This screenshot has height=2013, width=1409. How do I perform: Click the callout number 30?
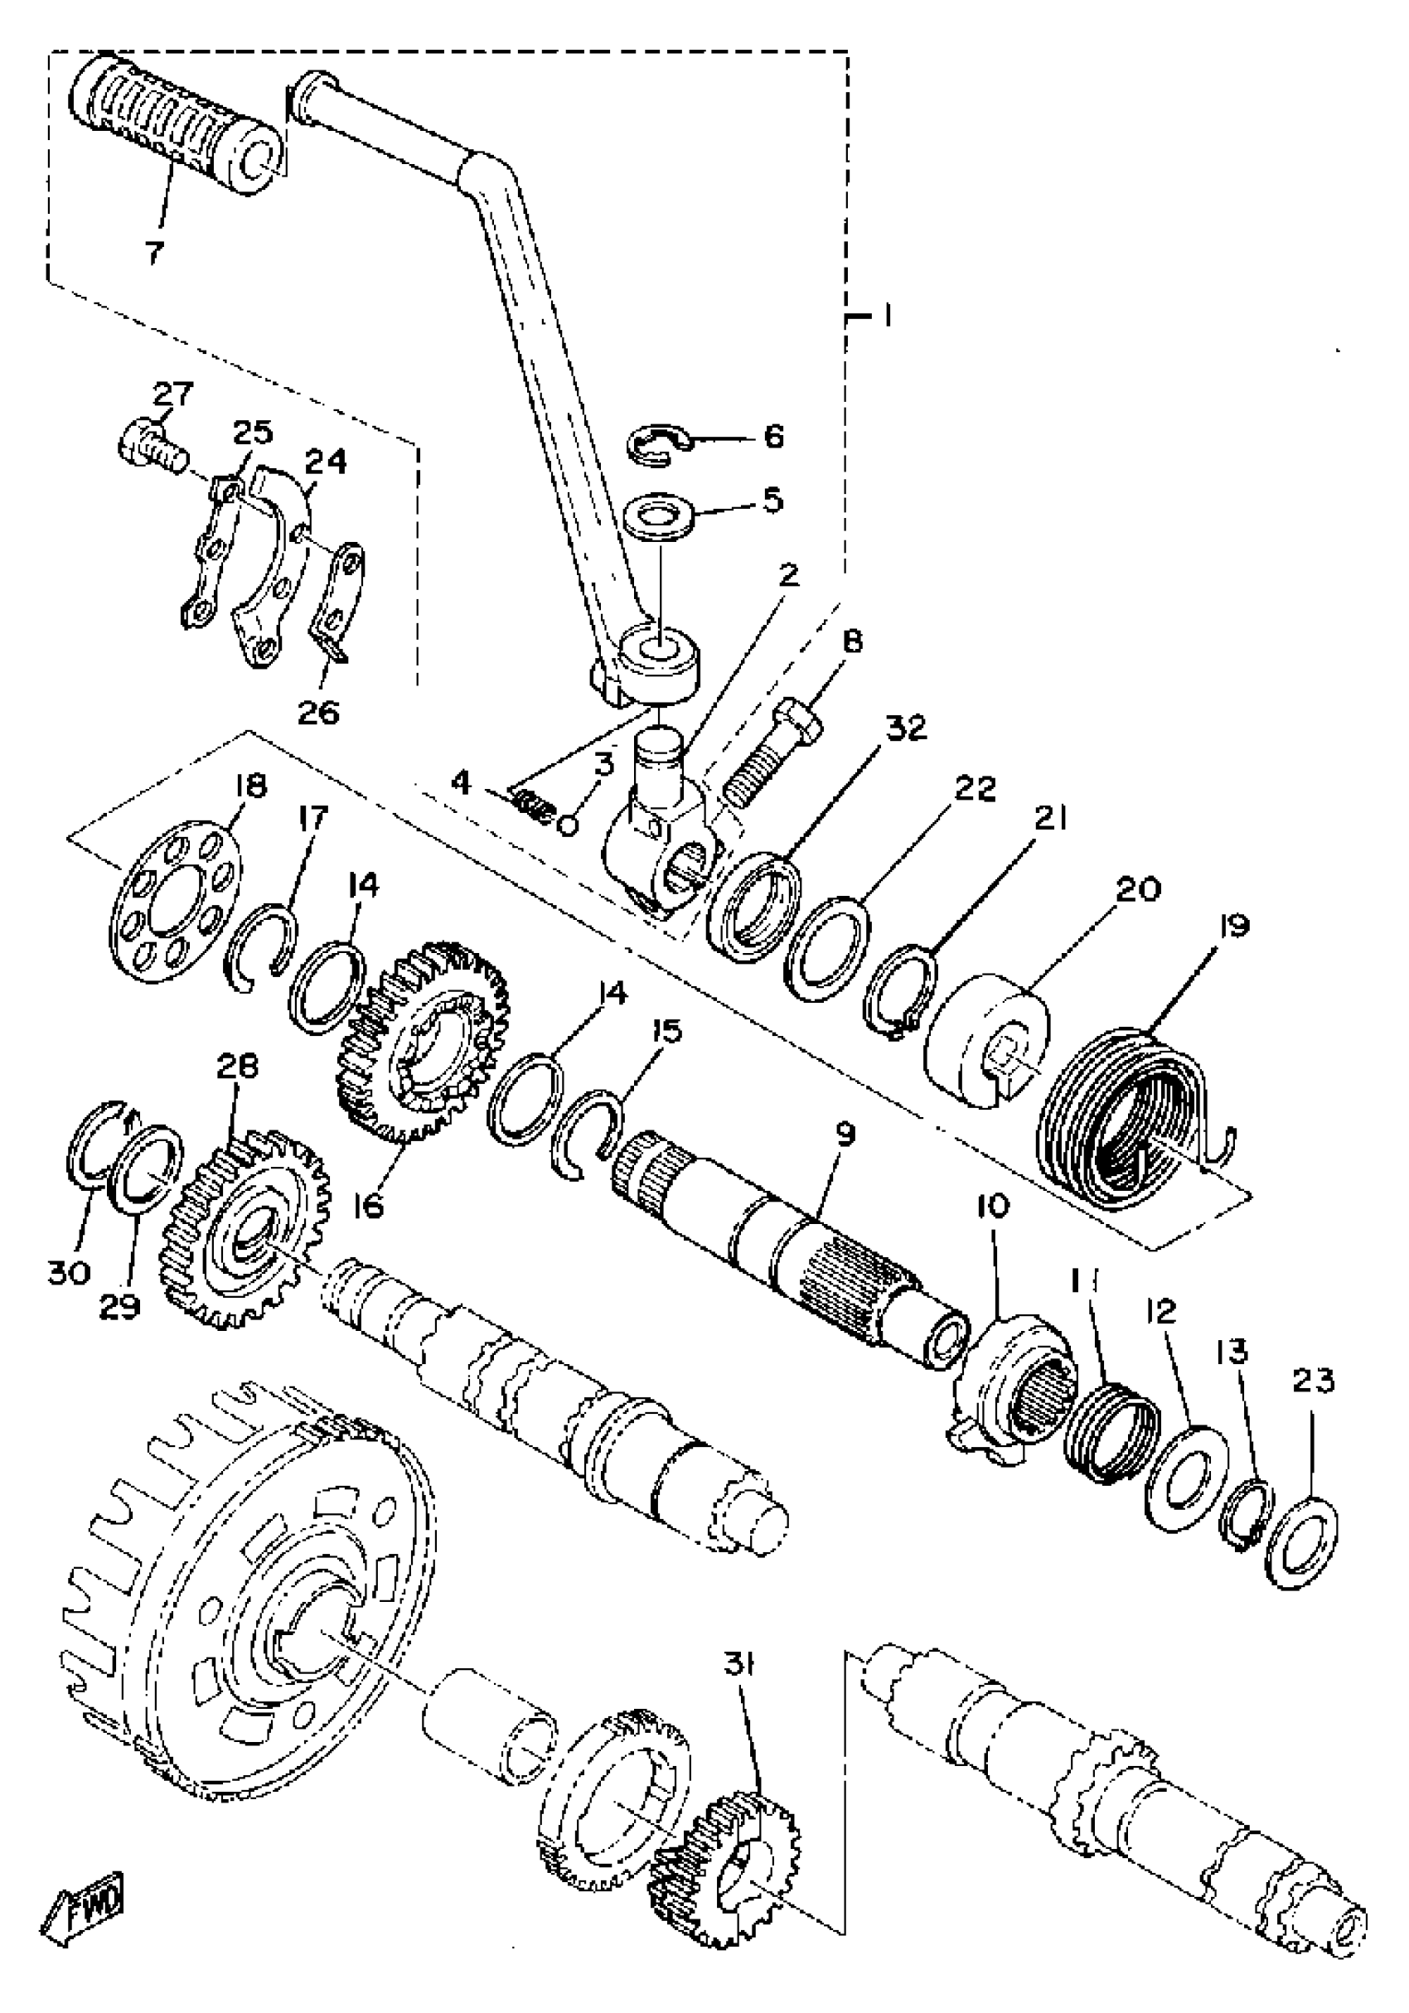click(x=69, y=1272)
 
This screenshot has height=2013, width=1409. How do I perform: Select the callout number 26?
click(x=318, y=713)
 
